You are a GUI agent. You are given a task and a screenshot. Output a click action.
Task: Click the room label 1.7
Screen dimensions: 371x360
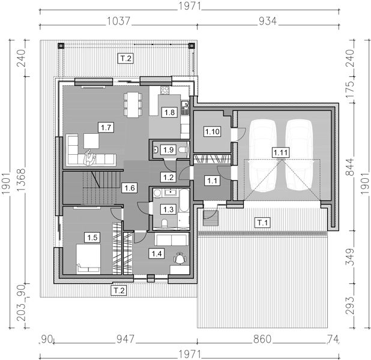pyautogui.click(x=106, y=127)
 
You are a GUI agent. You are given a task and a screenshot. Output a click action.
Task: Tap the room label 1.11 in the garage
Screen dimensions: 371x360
pyautogui.click(x=280, y=152)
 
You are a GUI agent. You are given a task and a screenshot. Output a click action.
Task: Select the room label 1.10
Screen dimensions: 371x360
pyautogui.click(x=213, y=131)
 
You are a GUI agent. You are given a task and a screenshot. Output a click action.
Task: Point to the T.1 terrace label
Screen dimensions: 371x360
pyautogui.click(x=262, y=223)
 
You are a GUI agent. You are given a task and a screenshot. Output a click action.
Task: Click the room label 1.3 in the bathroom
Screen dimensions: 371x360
pyautogui.click(x=169, y=209)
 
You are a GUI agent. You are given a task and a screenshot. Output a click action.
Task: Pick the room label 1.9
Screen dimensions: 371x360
pyautogui.click(x=169, y=150)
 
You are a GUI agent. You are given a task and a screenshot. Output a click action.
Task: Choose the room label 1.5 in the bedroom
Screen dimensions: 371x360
pyautogui.click(x=92, y=237)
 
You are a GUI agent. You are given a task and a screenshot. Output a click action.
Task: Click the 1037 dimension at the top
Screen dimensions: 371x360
pyautogui.click(x=118, y=21)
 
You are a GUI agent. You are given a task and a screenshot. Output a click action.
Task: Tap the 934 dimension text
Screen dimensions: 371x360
pyautogui.click(x=268, y=21)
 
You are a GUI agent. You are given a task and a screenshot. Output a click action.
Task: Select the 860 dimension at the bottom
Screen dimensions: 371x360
pyautogui.click(x=262, y=339)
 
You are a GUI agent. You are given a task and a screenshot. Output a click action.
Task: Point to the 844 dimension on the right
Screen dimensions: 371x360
pyautogui.click(x=350, y=167)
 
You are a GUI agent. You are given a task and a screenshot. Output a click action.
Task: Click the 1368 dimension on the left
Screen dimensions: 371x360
pyautogui.click(x=21, y=180)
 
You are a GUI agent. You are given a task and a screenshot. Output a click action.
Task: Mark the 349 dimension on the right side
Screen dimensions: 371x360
pyautogui.click(x=350, y=257)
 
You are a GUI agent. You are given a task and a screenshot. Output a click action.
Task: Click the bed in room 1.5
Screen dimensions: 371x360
pyautogui.click(x=88, y=259)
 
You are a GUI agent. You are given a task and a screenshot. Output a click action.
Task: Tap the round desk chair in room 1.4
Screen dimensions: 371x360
pyautogui.click(x=180, y=258)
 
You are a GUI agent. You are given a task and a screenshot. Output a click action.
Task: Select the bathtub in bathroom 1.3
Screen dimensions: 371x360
pyautogui.click(x=184, y=200)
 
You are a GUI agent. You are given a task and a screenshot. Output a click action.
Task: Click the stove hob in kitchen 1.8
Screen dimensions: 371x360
pyautogui.click(x=164, y=90)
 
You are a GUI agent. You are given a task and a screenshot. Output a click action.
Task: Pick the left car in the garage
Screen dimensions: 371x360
pyautogui.click(x=262, y=155)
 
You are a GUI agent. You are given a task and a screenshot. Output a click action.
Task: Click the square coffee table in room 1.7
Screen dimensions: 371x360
pyautogui.click(x=91, y=141)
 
